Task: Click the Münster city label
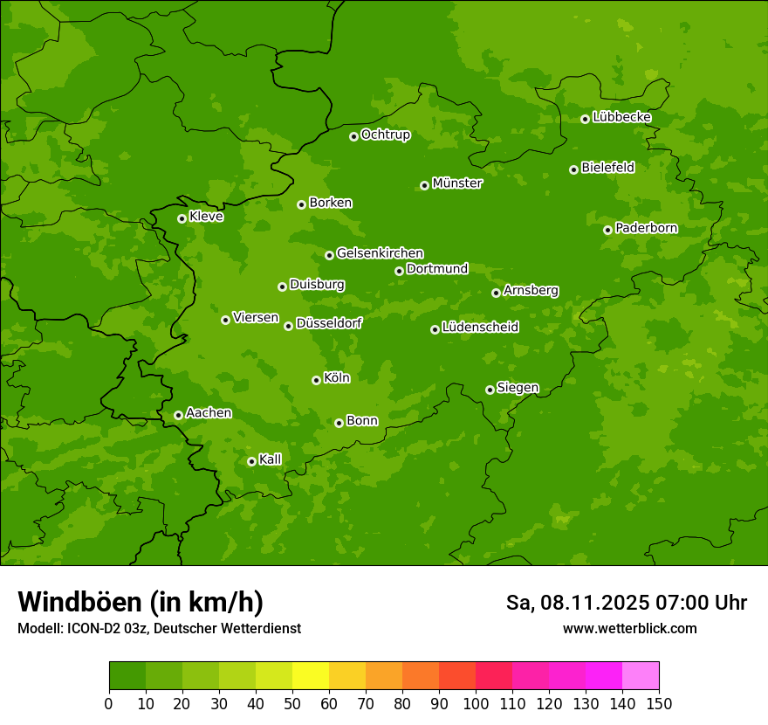tap(456, 183)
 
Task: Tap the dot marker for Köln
tap(316, 380)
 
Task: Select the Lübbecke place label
tap(621, 117)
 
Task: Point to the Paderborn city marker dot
tap(607, 230)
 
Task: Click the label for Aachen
tap(209, 413)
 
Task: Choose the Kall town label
tap(270, 459)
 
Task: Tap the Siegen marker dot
tap(490, 390)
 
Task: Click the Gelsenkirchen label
tap(380, 253)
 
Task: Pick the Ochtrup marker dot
tap(353, 136)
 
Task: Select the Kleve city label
tap(206, 217)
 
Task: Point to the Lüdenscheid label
tap(480, 328)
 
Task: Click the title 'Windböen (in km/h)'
tap(141, 603)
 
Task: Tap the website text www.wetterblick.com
tap(629, 629)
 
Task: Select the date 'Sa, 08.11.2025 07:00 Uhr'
tap(626, 603)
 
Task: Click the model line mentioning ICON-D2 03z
tap(159, 629)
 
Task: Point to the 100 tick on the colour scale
tap(476, 703)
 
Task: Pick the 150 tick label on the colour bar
tap(659, 703)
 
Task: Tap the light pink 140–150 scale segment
tap(641, 676)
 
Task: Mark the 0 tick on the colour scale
tap(109, 703)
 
